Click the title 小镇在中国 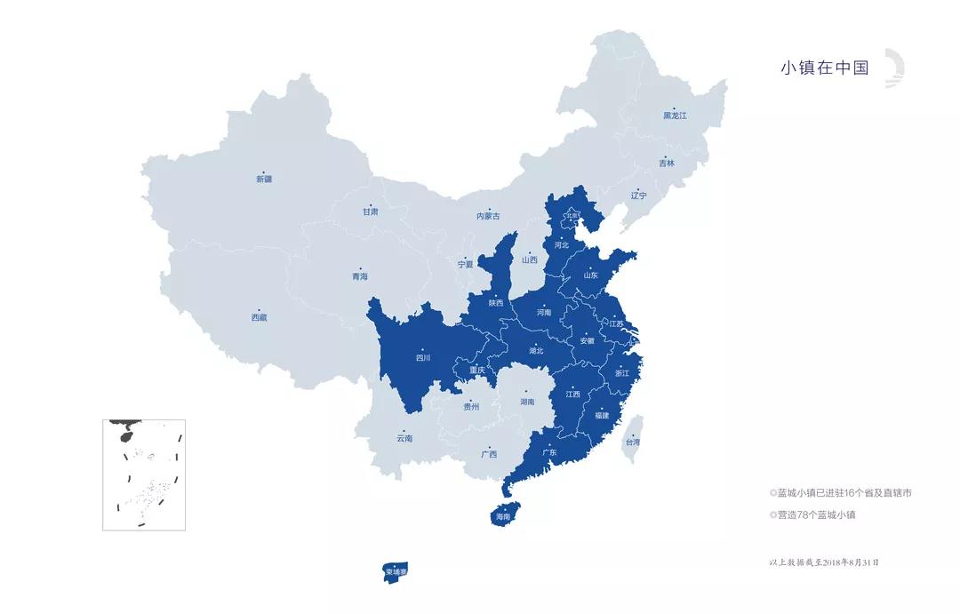point(824,68)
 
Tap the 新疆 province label point(264,179)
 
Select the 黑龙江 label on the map point(675,116)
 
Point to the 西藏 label point(258,317)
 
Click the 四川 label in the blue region point(422,358)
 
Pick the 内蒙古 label point(488,216)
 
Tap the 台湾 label point(631,442)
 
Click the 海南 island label point(503,516)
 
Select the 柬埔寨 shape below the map point(396,571)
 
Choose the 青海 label point(359,276)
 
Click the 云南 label point(404,438)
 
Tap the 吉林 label point(667,163)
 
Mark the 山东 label point(591,275)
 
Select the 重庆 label point(477,370)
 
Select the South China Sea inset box point(144,474)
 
